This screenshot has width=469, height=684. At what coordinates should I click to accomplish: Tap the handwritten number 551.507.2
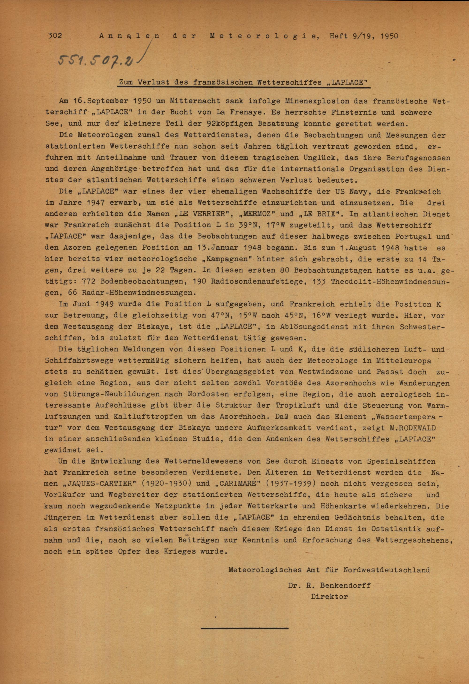(x=96, y=60)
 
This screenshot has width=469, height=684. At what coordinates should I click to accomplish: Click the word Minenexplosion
(x=314, y=101)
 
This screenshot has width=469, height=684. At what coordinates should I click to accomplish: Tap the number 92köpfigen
(x=230, y=124)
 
